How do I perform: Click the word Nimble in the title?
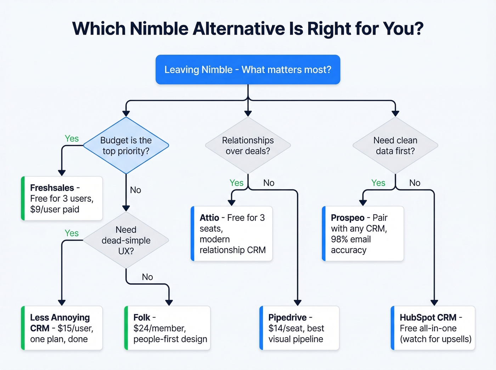coord(159,29)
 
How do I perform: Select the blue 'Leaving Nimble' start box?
coord(248,70)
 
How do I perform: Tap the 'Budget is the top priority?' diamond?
coord(126,146)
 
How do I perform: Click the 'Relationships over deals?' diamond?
coord(248,146)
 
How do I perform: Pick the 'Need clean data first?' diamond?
coord(395,146)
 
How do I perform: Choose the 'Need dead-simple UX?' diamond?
coord(126,240)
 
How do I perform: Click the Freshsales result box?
coord(62,198)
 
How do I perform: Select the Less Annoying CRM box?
coord(62,328)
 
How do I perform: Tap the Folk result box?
coord(167,328)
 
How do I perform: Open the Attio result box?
coord(232,234)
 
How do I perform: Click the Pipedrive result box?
coord(299,328)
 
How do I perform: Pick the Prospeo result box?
coord(363,234)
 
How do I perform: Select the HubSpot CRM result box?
coord(433,328)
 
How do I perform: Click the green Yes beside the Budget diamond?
coord(72,138)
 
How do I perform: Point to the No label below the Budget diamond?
coord(135,190)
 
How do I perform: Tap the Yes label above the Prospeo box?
coord(378,183)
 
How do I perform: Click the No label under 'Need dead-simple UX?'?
coord(147,277)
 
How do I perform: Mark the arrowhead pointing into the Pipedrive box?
coord(298,303)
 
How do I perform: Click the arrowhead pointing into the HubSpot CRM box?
coord(434,303)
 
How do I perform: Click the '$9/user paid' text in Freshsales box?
coord(55,209)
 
